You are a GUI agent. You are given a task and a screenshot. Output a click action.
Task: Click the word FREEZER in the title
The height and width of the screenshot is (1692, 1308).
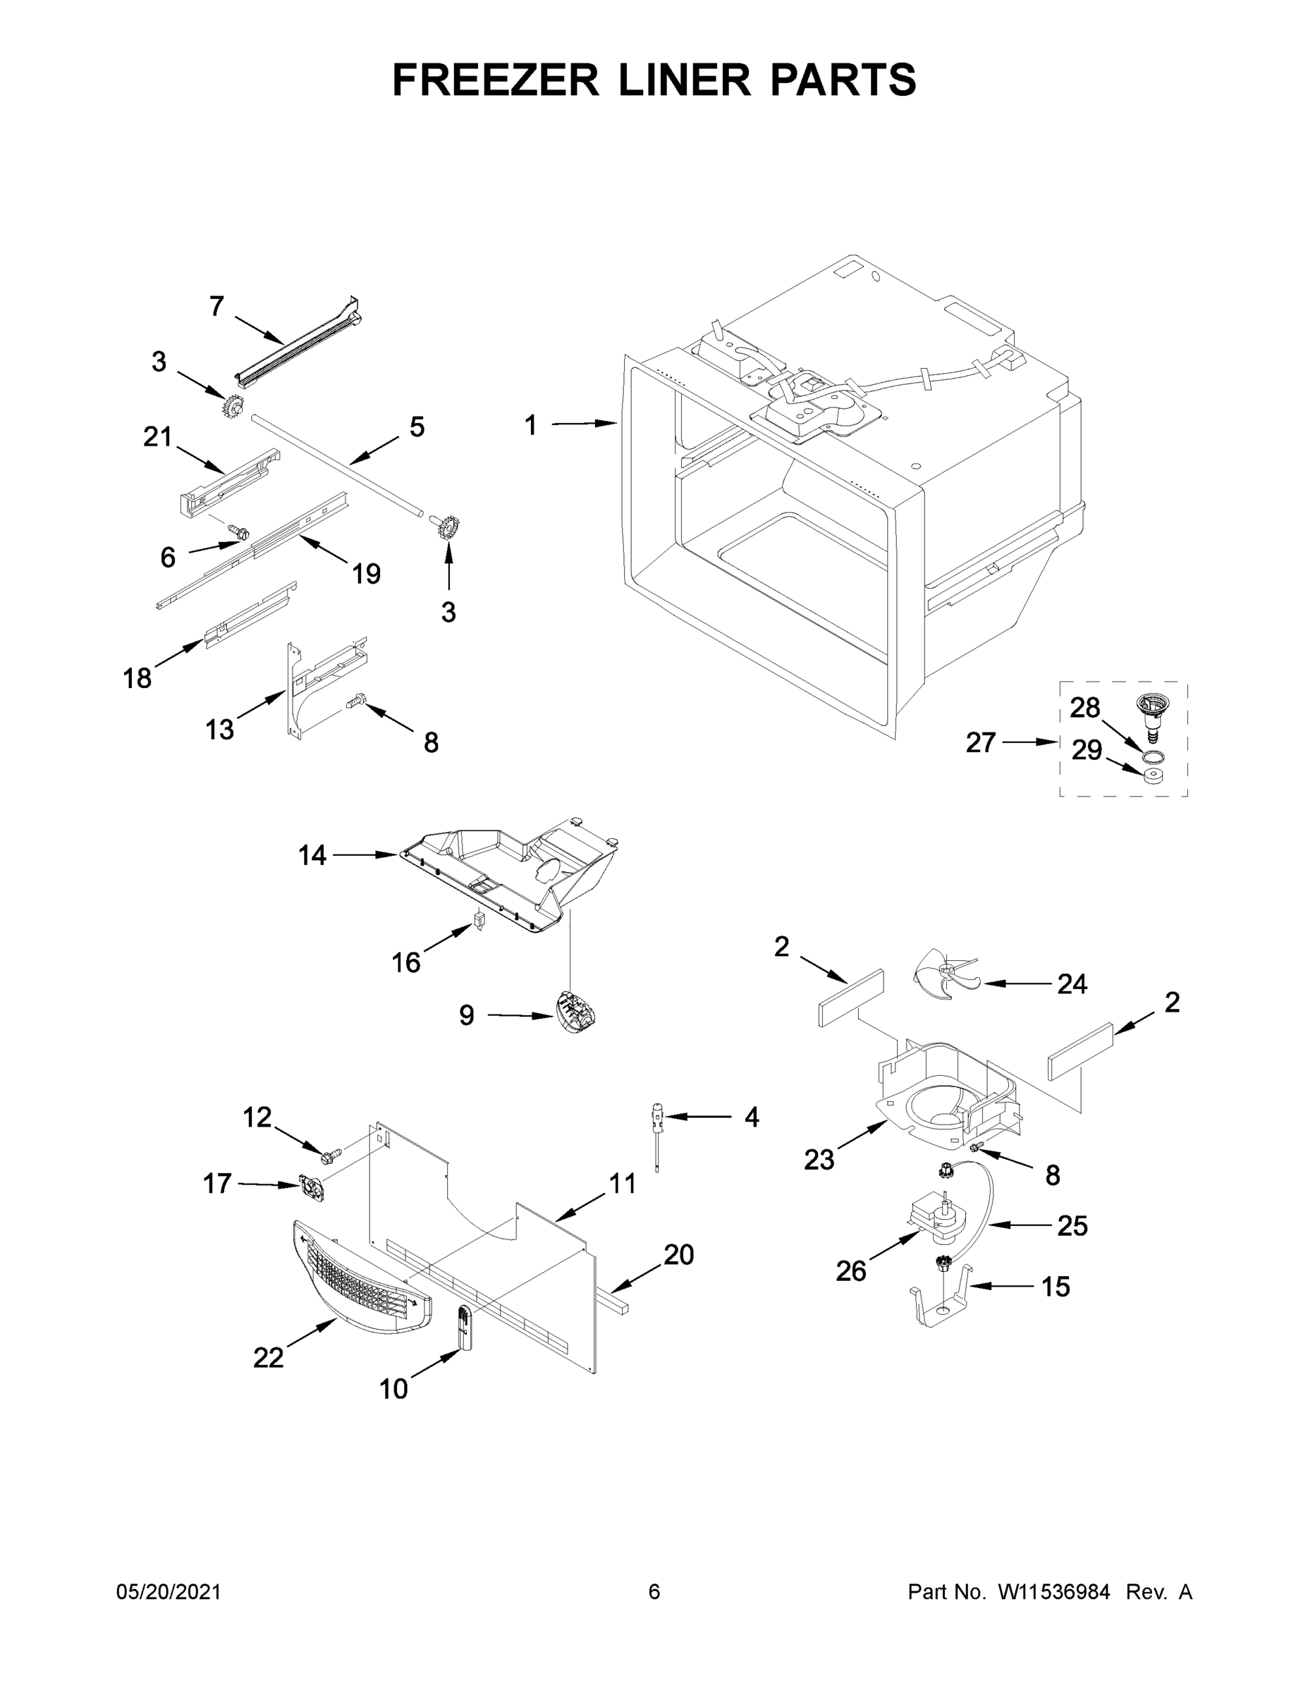coord(495,80)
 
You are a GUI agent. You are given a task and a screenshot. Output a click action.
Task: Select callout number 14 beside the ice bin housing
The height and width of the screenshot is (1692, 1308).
coord(312,855)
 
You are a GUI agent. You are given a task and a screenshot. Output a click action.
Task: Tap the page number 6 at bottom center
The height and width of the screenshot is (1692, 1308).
coord(654,1591)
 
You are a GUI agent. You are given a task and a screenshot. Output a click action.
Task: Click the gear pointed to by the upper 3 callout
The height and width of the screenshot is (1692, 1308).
coord(232,405)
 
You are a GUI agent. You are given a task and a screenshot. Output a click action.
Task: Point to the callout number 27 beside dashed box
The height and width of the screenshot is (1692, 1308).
coord(980,742)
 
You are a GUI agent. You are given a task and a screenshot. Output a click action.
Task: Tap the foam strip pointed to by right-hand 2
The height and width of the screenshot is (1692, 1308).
coord(1080,1051)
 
